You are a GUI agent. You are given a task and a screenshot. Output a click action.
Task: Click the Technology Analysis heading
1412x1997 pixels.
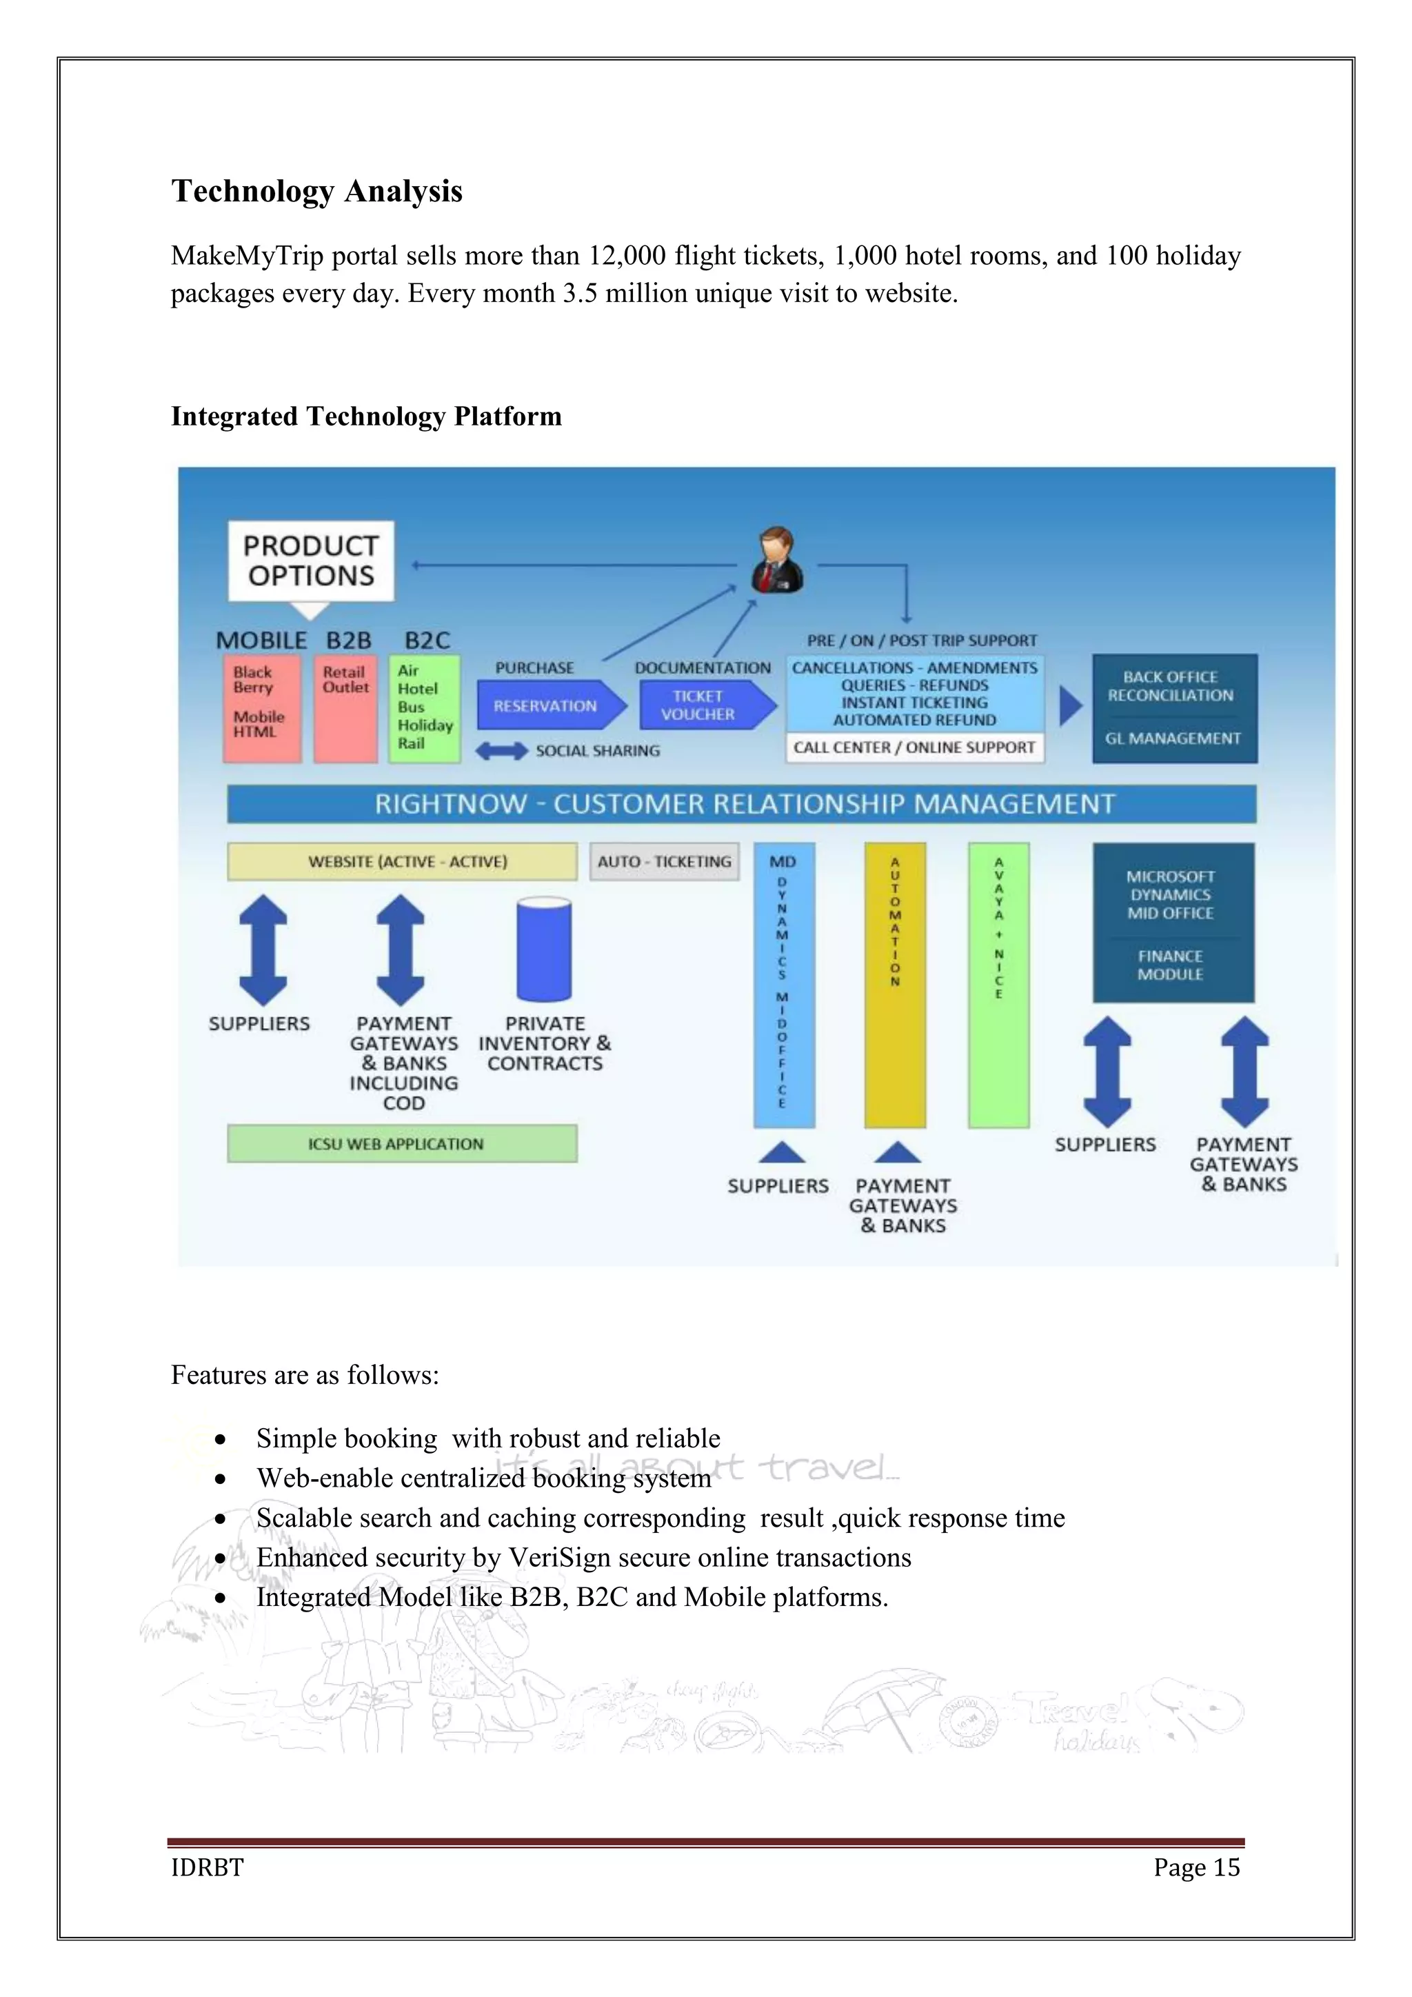[316, 191]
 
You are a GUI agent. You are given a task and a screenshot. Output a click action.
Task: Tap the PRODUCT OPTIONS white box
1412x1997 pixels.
[310, 561]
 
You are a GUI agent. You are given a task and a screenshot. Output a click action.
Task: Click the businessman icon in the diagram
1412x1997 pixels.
[776, 561]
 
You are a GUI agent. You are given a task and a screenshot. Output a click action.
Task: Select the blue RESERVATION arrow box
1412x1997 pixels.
[547, 705]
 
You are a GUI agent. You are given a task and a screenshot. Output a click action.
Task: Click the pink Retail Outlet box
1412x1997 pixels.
[345, 709]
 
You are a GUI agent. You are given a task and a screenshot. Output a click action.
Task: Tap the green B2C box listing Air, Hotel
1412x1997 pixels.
[424, 708]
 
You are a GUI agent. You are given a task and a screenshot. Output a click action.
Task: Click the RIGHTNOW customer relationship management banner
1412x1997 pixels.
[742, 803]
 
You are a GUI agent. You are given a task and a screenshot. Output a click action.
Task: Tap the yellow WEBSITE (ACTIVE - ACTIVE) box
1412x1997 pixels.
[402, 861]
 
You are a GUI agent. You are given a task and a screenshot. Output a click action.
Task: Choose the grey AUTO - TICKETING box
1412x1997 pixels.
[664, 861]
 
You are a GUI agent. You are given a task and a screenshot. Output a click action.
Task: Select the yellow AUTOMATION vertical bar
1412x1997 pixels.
[895, 985]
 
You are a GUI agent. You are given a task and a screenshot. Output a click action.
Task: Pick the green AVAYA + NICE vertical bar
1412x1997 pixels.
[998, 985]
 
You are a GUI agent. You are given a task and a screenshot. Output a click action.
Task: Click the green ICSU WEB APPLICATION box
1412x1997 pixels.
[402, 1144]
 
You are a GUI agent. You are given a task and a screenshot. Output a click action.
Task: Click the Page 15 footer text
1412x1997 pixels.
[1196, 1867]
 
